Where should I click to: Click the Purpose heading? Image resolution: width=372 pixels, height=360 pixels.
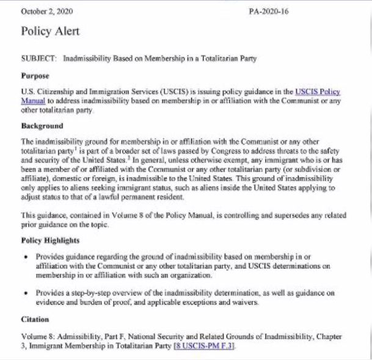[35, 77]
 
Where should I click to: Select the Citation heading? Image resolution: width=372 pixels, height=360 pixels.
[35, 319]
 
